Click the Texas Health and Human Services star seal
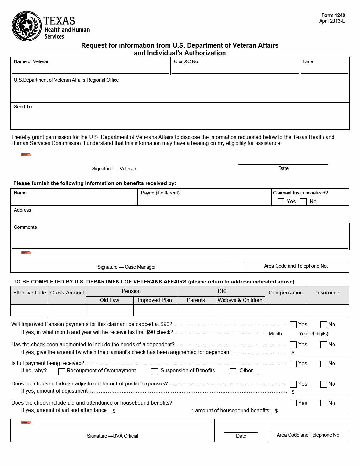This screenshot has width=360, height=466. [27, 26]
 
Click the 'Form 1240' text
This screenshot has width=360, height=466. [333, 15]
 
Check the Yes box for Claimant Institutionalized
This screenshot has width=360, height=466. [281, 202]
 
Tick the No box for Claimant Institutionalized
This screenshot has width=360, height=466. [303, 202]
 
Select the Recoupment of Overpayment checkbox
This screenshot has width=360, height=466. [61, 371]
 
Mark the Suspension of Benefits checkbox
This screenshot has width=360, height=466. [154, 371]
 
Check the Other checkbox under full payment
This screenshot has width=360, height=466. [233, 371]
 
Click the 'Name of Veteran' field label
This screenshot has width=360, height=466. [32, 61]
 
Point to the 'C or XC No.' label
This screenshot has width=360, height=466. [186, 61]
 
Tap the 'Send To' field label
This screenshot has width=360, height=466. [23, 107]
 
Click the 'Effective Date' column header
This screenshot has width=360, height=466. [29, 293]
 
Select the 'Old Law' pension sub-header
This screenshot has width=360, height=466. [109, 300]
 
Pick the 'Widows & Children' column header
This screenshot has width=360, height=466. [240, 300]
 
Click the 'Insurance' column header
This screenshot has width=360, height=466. [328, 293]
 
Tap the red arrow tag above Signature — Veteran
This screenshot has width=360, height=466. [26, 155]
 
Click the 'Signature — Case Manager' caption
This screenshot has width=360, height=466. [126, 267]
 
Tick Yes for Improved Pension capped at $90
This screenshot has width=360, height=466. [293, 325]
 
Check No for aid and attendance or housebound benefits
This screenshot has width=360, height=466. [323, 403]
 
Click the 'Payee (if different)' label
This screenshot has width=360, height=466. [160, 193]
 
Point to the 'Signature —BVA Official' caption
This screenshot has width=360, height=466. [113, 436]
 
